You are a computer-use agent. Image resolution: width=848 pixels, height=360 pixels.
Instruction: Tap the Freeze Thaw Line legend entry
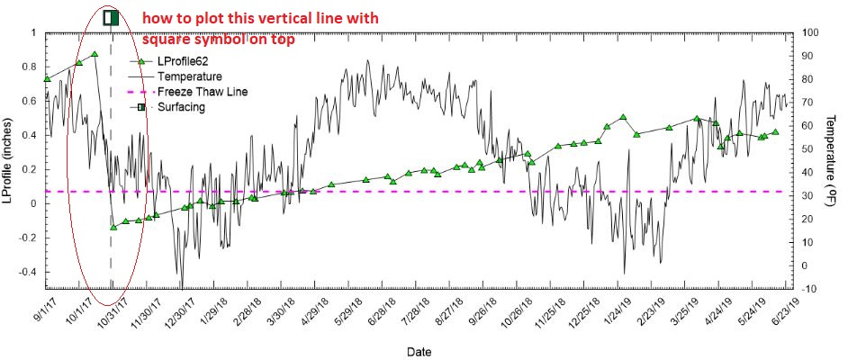[202, 92]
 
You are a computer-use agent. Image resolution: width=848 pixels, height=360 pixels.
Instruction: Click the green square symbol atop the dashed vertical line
[111, 17]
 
